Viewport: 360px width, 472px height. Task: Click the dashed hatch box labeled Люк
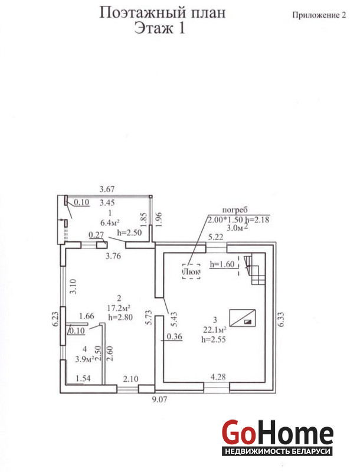click(x=191, y=271)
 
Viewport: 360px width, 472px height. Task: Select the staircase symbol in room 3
click(x=254, y=269)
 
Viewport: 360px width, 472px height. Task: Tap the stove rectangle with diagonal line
click(x=243, y=318)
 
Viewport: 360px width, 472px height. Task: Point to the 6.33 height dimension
click(x=281, y=319)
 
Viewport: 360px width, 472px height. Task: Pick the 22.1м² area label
click(x=215, y=330)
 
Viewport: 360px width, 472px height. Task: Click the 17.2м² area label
click(x=119, y=308)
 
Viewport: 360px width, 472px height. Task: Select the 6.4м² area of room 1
click(x=110, y=222)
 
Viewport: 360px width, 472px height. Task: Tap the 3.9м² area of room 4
click(x=84, y=358)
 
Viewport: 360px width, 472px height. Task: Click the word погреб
click(x=235, y=210)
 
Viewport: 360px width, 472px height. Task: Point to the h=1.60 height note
click(x=222, y=264)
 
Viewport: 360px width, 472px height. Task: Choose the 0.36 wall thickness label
click(x=175, y=336)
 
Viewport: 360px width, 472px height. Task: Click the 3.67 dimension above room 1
click(x=107, y=189)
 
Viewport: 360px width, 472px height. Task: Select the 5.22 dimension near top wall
click(x=216, y=237)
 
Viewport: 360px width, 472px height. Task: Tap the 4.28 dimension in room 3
click(x=218, y=376)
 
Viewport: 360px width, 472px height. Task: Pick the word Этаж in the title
click(x=153, y=28)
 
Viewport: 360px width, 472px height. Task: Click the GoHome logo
click(x=277, y=437)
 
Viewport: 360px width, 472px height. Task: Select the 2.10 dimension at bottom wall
click(x=130, y=379)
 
